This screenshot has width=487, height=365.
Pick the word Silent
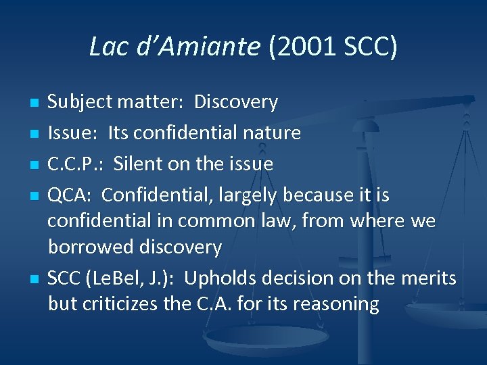click(x=137, y=164)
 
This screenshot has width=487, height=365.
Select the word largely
click(x=245, y=195)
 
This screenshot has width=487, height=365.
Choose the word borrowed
click(x=91, y=247)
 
